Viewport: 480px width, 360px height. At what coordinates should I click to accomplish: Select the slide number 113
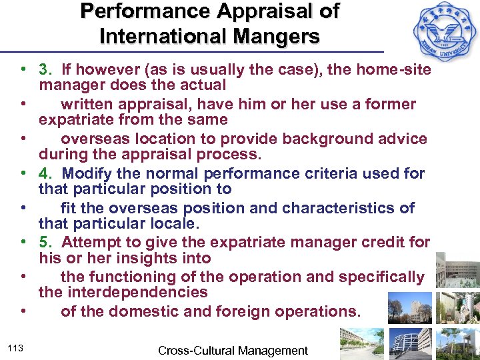tap(17, 346)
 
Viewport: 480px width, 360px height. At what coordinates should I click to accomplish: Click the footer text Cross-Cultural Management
tap(233, 350)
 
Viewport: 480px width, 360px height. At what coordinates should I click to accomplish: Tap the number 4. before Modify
tap(46, 173)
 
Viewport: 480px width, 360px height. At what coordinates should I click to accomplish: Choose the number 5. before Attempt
tap(46, 243)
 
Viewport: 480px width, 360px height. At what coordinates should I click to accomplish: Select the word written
tap(87, 104)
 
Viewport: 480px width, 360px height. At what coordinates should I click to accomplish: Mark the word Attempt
tap(90, 243)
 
